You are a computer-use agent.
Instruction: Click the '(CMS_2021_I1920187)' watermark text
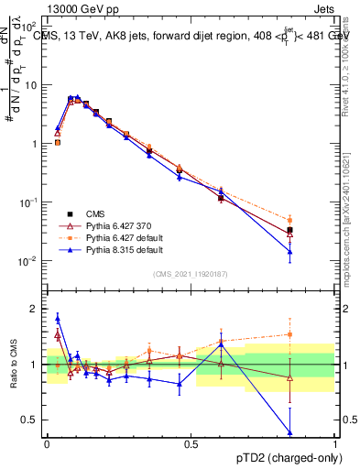coord(190,273)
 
